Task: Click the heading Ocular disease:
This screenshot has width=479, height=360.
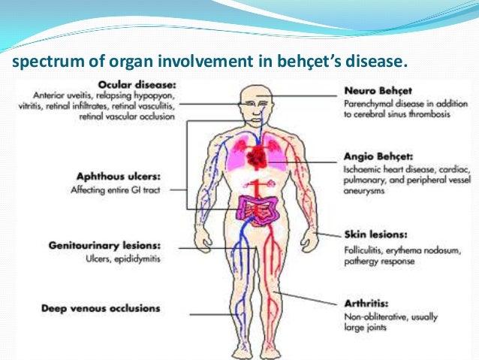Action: tap(134, 83)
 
